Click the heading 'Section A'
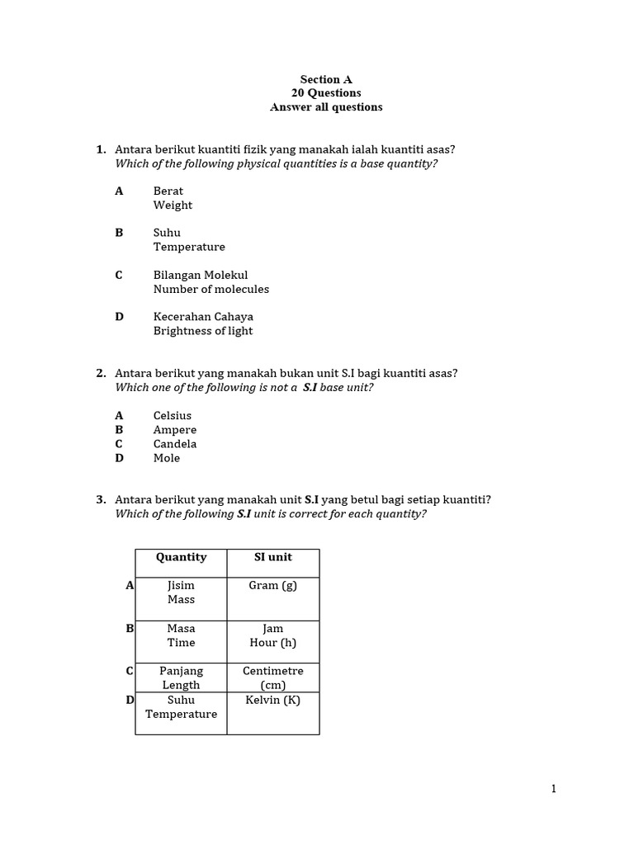(x=326, y=79)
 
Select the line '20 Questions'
(x=326, y=93)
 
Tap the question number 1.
(x=101, y=149)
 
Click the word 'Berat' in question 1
(x=168, y=191)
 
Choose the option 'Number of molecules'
(x=211, y=289)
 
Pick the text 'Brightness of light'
(x=203, y=331)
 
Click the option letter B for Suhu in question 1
(x=119, y=233)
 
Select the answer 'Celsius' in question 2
(x=173, y=416)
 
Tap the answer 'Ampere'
(x=175, y=430)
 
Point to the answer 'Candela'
(x=175, y=444)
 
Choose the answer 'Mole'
(x=167, y=458)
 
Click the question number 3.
(x=101, y=499)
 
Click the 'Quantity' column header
(x=182, y=557)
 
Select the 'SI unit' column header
(x=272, y=557)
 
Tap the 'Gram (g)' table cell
(x=272, y=586)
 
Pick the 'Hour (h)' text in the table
(x=272, y=643)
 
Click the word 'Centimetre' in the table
(x=272, y=671)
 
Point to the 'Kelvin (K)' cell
(x=272, y=701)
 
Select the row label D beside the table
(x=130, y=701)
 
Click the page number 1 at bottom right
(x=554, y=789)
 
